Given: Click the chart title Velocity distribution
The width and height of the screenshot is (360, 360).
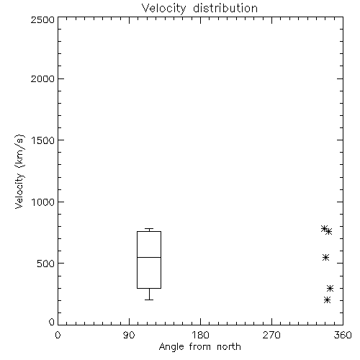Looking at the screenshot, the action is pyautogui.click(x=199, y=8).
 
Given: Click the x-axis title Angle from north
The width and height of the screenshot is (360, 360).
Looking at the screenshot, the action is pyautogui.click(x=199, y=347).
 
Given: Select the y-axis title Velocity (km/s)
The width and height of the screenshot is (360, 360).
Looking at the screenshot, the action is pyautogui.click(x=19, y=171).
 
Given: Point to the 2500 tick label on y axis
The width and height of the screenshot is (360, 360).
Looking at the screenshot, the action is pyautogui.click(x=42, y=19).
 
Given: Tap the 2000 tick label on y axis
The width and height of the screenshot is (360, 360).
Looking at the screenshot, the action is pyautogui.click(x=42, y=78).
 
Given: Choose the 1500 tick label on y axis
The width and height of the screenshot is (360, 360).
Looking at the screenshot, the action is pyautogui.click(x=43, y=140).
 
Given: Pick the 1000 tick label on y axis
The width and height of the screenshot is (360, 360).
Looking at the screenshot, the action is pyautogui.click(x=43, y=202).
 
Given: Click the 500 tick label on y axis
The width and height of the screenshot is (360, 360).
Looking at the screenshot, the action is pyautogui.click(x=46, y=264).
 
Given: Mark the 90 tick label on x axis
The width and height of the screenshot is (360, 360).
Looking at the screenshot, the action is pyautogui.click(x=129, y=335).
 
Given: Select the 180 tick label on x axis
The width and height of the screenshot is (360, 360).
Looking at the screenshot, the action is pyautogui.click(x=200, y=335).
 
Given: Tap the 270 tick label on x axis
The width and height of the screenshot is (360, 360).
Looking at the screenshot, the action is pyautogui.click(x=271, y=335).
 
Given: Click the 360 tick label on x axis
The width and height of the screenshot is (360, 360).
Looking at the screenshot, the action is pyautogui.click(x=343, y=335).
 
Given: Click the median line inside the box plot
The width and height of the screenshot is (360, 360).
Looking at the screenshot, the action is pyautogui.click(x=149, y=257).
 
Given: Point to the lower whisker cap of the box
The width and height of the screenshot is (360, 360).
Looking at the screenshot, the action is pyautogui.click(x=149, y=300).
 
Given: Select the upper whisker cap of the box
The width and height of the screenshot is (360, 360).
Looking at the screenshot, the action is pyautogui.click(x=149, y=229).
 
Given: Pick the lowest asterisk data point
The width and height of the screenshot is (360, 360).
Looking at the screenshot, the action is pyautogui.click(x=327, y=300).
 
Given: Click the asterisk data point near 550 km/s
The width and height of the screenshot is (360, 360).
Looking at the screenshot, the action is pyautogui.click(x=325, y=258).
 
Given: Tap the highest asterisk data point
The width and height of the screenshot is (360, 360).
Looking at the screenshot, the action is pyautogui.click(x=325, y=229).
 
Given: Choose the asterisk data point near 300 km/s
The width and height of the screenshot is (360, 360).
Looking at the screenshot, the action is pyautogui.click(x=330, y=288).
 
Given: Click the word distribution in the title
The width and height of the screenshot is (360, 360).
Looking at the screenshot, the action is pyautogui.click(x=225, y=8).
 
